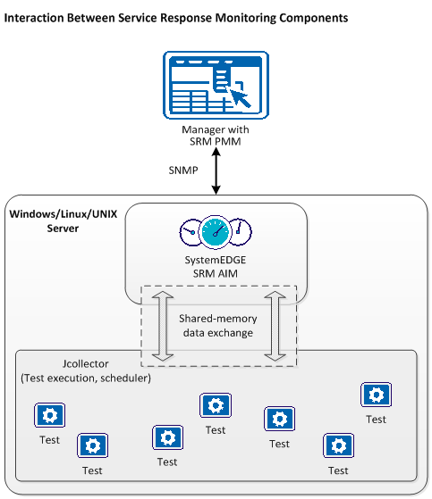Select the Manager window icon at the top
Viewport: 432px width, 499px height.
tap(215, 86)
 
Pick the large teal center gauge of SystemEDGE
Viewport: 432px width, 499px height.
tap(216, 232)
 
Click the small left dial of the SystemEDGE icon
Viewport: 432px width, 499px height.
tap(190, 231)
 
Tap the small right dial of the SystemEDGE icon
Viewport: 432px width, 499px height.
tap(241, 231)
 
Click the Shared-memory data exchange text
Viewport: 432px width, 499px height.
tap(216, 326)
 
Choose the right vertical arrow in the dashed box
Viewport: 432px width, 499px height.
tap(273, 325)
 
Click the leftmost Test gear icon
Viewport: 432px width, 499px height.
tap(48, 415)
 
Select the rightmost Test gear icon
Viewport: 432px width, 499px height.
tap(375, 395)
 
